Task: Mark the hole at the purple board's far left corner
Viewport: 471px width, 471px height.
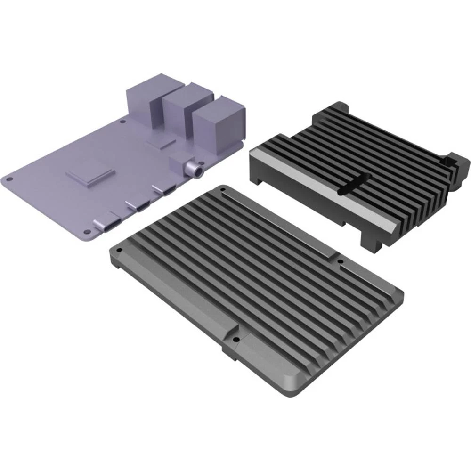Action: pyautogui.click(x=8, y=179)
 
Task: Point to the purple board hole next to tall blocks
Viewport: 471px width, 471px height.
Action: pyautogui.click(x=123, y=121)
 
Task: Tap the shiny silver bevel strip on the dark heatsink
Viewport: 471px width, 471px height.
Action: pyautogui.click(x=320, y=188)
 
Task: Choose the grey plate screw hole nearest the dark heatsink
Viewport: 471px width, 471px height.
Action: pyautogui.click(x=341, y=260)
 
